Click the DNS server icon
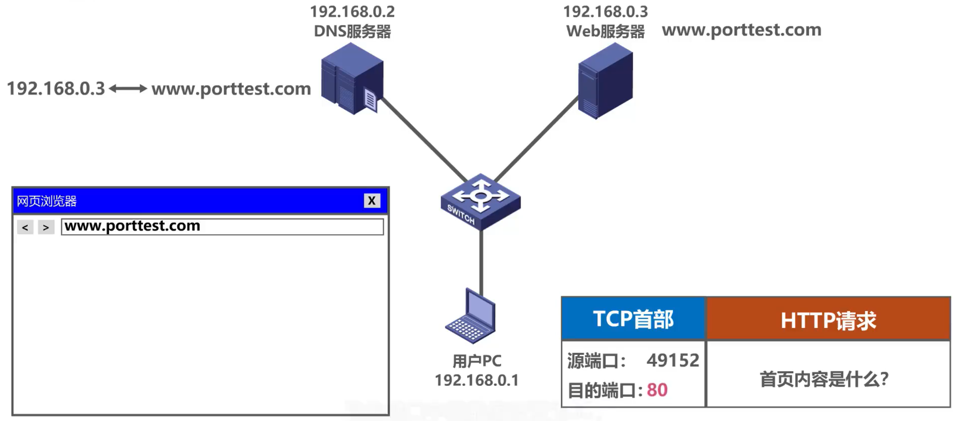[x=352, y=79]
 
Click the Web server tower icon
[x=605, y=80]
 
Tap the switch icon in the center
[x=481, y=201]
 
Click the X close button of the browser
[x=372, y=201]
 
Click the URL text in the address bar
[x=133, y=226]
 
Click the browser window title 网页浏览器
[x=47, y=201]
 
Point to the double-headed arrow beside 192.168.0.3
[x=128, y=89]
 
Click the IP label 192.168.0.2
[x=352, y=12]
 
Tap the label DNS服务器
[x=352, y=32]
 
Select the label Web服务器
[x=605, y=32]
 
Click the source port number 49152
[x=672, y=360]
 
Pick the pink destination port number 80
[x=657, y=390]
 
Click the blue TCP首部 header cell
[x=633, y=319]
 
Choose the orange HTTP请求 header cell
[x=828, y=320]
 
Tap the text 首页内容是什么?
[x=824, y=379]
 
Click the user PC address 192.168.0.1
[x=476, y=380]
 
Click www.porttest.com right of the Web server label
[x=741, y=30]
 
